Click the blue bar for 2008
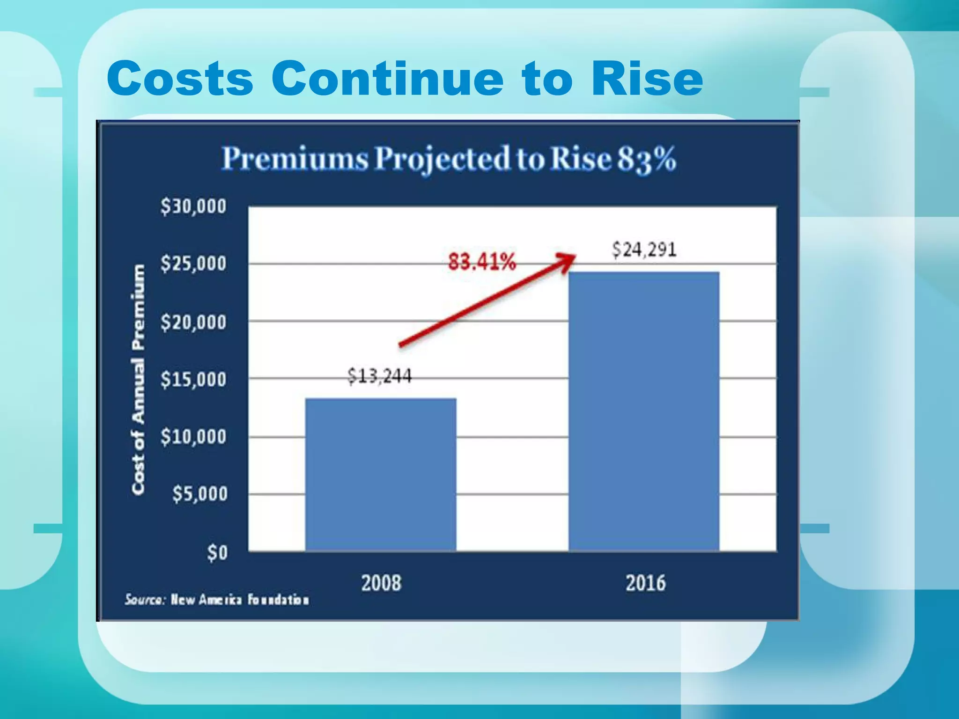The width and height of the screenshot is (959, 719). click(381, 474)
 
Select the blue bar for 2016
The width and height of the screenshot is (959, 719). click(644, 411)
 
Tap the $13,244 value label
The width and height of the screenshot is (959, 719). click(380, 376)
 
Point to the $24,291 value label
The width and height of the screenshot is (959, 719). click(644, 249)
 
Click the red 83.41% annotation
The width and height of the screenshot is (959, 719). click(482, 262)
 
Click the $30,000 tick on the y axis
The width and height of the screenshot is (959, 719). click(193, 206)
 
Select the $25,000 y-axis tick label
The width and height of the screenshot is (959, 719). click(193, 264)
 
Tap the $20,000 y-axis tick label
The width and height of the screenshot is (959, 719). click(193, 323)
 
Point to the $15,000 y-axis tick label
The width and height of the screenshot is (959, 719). click(193, 380)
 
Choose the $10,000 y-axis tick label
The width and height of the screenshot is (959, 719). click(193, 437)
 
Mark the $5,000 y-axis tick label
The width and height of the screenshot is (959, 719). click(200, 494)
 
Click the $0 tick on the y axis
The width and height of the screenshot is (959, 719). click(217, 553)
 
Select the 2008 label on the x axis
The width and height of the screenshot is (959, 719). click(381, 583)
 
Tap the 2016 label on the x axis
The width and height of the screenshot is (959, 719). click(645, 583)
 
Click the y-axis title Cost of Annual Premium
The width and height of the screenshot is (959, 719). click(138, 379)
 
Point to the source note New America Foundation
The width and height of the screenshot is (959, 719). click(217, 600)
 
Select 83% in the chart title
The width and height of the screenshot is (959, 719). click(646, 159)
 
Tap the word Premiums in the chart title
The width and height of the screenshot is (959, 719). click(295, 159)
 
